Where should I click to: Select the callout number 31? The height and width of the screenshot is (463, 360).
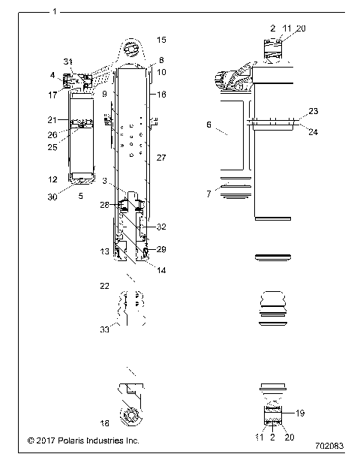68,61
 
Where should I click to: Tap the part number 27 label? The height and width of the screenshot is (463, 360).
160,159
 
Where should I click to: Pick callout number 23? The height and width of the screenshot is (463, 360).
313,111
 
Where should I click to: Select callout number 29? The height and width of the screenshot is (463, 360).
160,248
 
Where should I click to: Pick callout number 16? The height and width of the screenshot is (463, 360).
161,95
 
